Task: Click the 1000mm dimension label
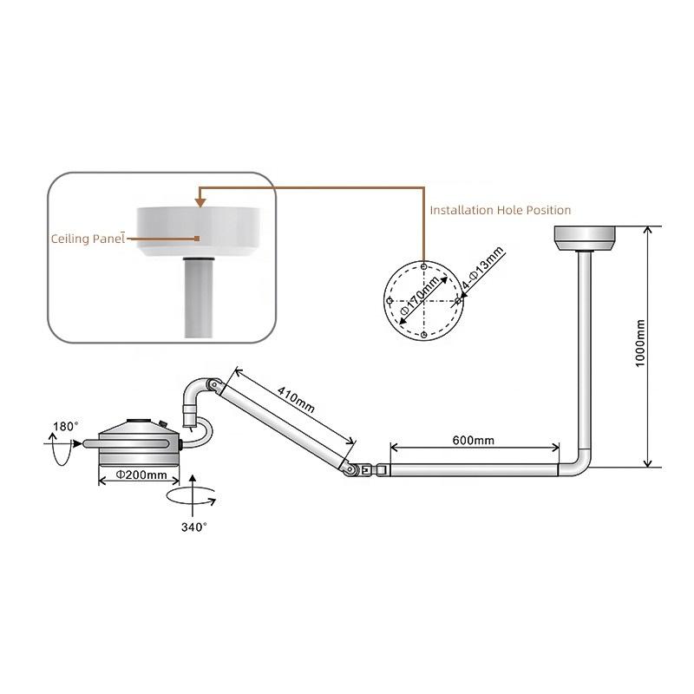[x=640, y=343]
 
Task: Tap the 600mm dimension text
[x=473, y=440]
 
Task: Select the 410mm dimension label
[x=296, y=400]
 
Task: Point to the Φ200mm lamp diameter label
[x=141, y=475]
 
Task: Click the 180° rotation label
[x=66, y=426]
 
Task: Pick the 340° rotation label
[x=193, y=527]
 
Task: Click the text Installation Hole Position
[x=501, y=210]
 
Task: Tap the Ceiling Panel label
[x=88, y=239]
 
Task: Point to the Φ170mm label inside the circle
[x=420, y=295]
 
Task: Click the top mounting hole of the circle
[x=423, y=267]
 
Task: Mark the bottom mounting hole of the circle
[x=423, y=335]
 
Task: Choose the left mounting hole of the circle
[x=390, y=301]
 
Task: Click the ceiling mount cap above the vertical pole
[x=584, y=238]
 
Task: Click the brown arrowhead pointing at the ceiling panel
[x=200, y=203]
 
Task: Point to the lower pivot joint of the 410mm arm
[x=350, y=468]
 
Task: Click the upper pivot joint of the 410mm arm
[x=215, y=384]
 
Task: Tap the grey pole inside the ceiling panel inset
[x=199, y=298]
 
